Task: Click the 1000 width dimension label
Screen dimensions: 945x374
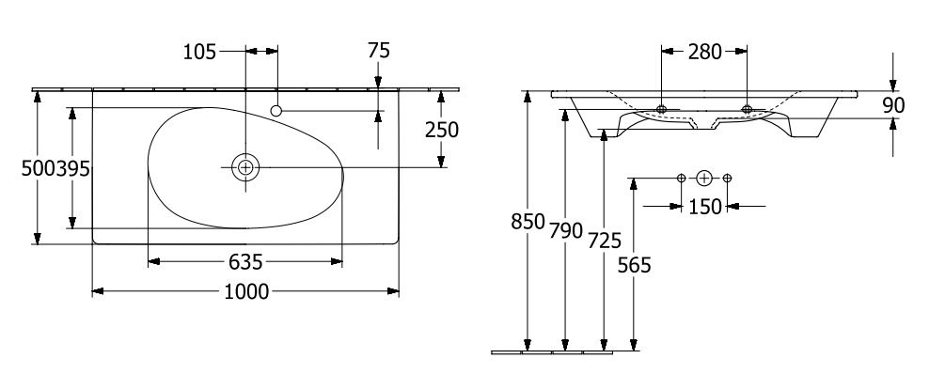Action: (x=246, y=291)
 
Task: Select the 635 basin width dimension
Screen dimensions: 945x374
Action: (x=246, y=262)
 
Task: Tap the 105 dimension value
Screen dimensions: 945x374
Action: (x=199, y=53)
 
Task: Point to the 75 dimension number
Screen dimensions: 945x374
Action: (x=379, y=51)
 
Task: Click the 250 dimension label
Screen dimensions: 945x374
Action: (x=442, y=130)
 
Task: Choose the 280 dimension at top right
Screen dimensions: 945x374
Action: (x=704, y=53)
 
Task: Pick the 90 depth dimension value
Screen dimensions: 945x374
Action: (x=894, y=105)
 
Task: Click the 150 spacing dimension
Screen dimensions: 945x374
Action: (x=704, y=207)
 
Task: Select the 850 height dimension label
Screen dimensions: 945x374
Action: (x=528, y=222)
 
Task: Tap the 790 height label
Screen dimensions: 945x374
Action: (x=566, y=230)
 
